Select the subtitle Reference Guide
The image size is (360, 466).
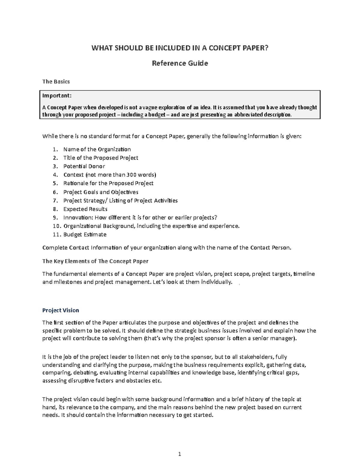click(180, 63)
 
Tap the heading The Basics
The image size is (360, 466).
click(56, 82)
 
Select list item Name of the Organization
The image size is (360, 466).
click(97, 149)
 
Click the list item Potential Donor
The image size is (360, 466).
click(84, 166)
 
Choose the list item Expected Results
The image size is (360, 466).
click(85, 209)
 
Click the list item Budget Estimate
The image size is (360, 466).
click(85, 234)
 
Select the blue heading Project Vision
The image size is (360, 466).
click(61, 310)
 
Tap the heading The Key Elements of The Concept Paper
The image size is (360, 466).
click(95, 261)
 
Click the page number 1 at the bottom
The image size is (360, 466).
click(180, 454)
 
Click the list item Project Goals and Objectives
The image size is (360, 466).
click(101, 192)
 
